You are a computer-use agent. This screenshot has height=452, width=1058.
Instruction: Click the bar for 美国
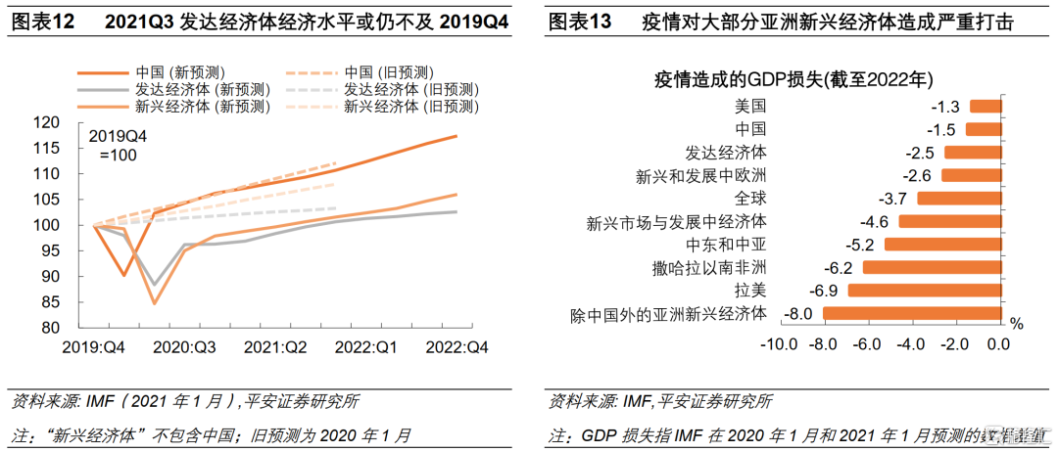click(985, 106)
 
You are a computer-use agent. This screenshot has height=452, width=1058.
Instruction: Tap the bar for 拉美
click(923, 291)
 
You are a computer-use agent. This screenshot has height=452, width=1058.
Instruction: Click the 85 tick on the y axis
click(73, 302)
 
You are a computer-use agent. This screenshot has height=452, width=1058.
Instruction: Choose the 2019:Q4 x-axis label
click(95, 345)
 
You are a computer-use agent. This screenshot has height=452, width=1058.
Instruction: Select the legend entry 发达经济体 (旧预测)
click(410, 89)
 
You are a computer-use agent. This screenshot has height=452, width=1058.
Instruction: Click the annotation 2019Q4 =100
click(117, 145)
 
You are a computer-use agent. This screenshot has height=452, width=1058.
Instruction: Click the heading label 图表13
click(580, 21)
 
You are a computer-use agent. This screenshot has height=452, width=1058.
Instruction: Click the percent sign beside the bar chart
click(1016, 323)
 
